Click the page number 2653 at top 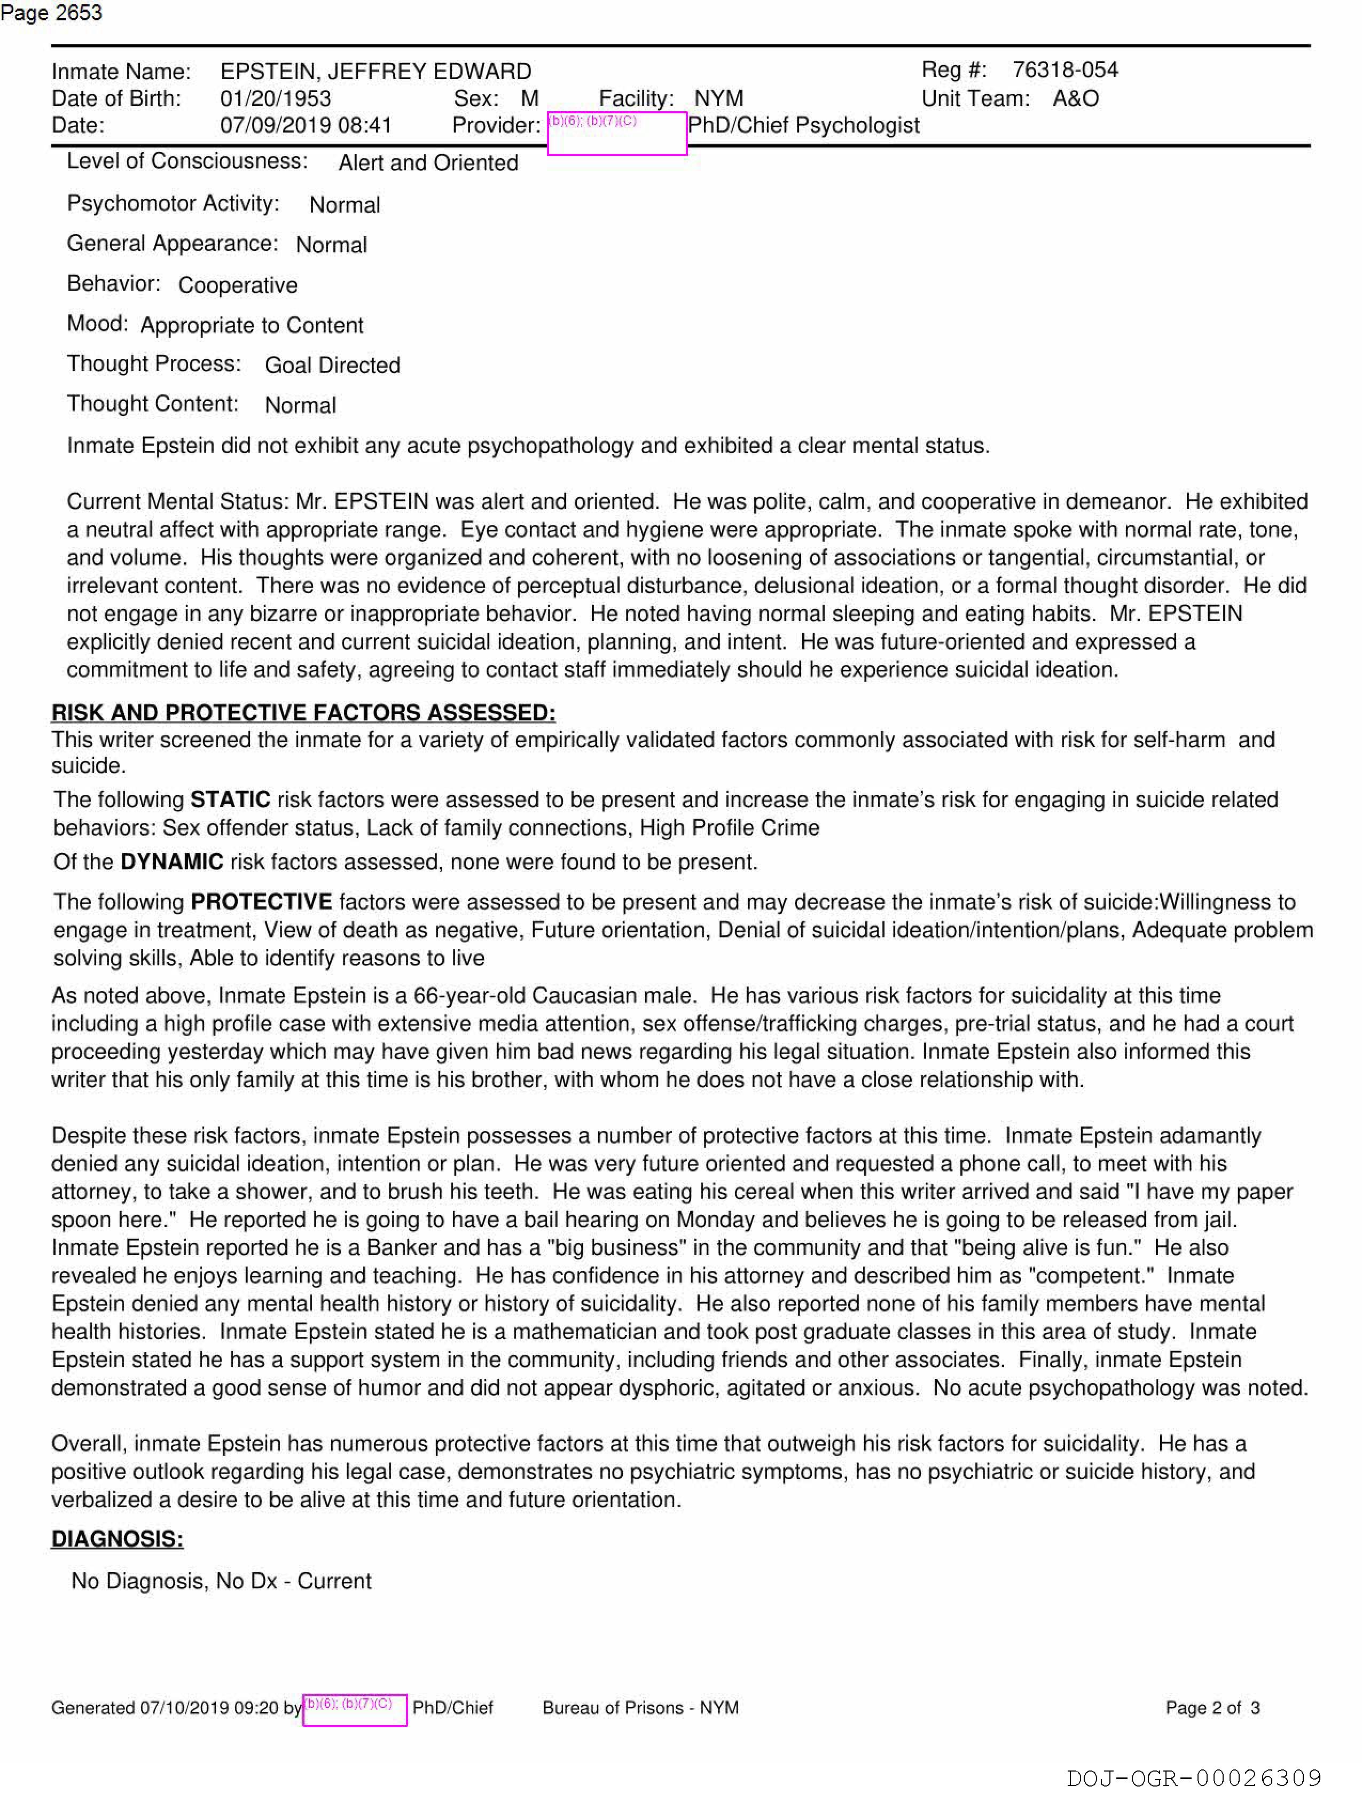click(78, 13)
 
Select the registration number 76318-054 click(1064, 70)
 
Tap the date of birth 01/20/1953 click(276, 98)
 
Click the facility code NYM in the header click(718, 98)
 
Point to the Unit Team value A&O click(1075, 98)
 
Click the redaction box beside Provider click(617, 133)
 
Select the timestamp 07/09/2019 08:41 click(306, 125)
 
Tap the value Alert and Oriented click(428, 163)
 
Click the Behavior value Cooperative click(238, 285)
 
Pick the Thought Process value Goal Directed click(332, 365)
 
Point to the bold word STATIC click(230, 799)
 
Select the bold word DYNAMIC click(172, 861)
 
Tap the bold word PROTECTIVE click(261, 902)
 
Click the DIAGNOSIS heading click(118, 1539)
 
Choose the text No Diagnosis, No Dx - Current click(221, 1581)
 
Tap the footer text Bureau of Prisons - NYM click(640, 1708)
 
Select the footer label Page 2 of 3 click(1212, 1708)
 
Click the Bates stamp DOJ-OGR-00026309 click(1193, 1778)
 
